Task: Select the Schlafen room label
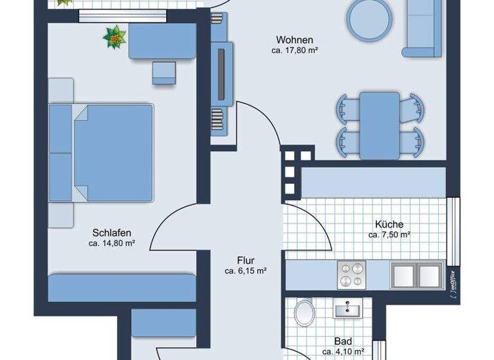coord(112,232)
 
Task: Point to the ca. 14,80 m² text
coord(112,243)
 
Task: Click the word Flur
coord(246,260)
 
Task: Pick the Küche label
coord(389,224)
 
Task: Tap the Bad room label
coord(343,342)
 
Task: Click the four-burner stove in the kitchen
coord(351,274)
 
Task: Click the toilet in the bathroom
coord(303,316)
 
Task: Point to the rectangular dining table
coord(380,125)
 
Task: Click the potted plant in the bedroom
coord(114,37)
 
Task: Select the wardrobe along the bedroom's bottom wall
coord(122,287)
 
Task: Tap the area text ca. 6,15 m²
coord(246,271)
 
